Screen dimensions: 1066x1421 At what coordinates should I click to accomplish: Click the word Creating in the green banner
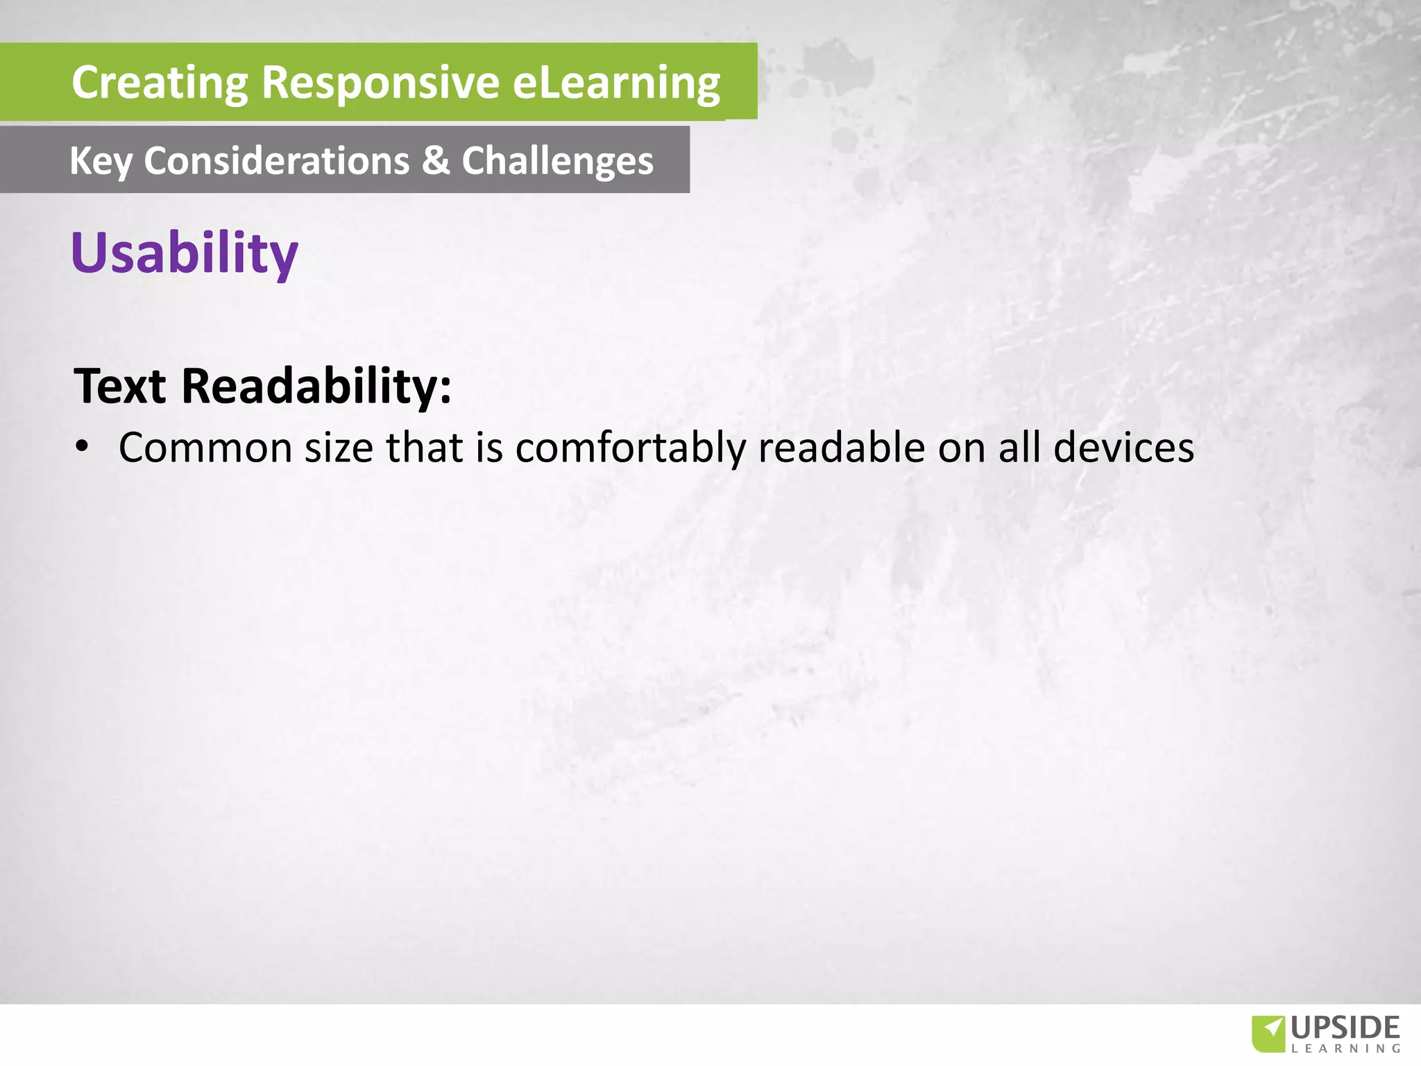coord(160,83)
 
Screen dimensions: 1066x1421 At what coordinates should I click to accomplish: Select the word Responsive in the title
coord(380,83)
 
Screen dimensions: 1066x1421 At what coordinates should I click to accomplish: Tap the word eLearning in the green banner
coord(616,83)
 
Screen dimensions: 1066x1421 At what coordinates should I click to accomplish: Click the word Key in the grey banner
coord(101,162)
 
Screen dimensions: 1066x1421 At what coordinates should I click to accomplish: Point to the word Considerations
coord(277,161)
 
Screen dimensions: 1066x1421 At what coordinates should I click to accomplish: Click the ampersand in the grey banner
coord(436,161)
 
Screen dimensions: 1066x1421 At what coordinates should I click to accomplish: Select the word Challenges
coord(557,162)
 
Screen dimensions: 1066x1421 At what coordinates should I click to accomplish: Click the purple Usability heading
coord(185,253)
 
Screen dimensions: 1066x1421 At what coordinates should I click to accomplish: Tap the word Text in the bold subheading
coord(120,386)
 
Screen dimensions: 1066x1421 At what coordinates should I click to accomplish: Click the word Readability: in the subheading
coord(316,386)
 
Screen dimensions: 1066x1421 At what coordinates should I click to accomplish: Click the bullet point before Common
coord(83,448)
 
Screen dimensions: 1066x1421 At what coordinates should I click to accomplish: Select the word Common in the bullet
coord(205,448)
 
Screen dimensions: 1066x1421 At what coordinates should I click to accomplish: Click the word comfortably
coord(630,448)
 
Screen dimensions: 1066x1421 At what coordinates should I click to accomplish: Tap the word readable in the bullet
coord(841,448)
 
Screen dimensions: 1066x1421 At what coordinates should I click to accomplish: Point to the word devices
coord(1123,448)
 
